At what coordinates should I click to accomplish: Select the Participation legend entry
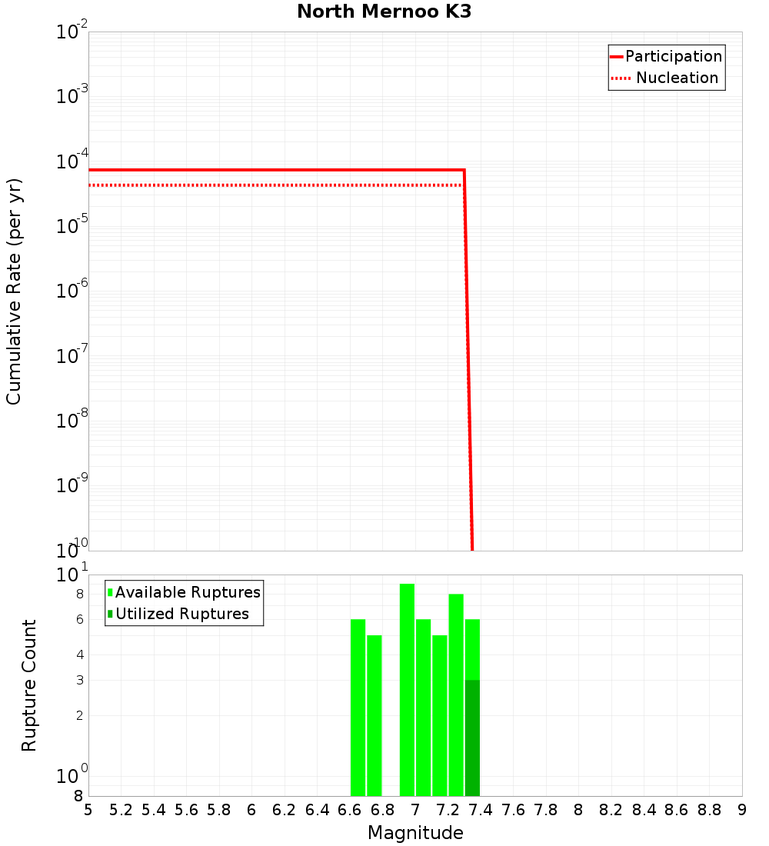pos(673,56)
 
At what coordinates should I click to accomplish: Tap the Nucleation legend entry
pos(677,78)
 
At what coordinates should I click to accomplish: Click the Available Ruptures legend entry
pos(188,592)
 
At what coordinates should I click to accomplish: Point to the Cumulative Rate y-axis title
pos(14,291)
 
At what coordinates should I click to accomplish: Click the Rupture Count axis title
pos(29,685)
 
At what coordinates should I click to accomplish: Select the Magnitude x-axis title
pos(415,833)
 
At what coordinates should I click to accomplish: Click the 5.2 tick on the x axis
pos(121,810)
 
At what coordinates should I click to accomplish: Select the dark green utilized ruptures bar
pos(472,738)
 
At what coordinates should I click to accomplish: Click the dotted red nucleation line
pos(269,185)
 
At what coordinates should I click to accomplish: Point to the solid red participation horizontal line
pos(269,169)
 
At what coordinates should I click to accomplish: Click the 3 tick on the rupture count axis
pos(78,680)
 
